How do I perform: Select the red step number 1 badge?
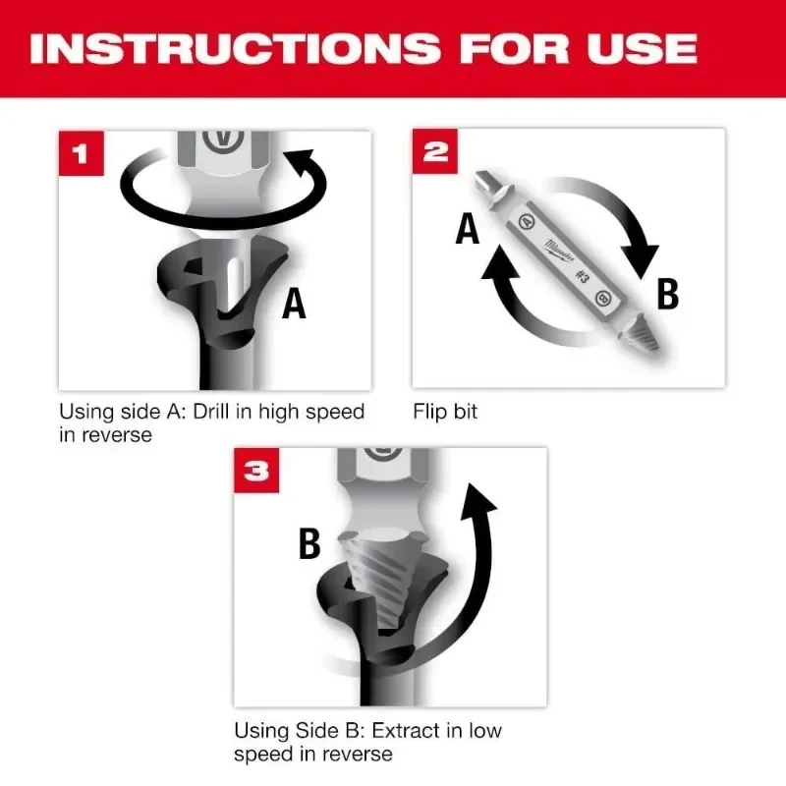[x=81, y=153]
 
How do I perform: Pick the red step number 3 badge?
[x=256, y=471]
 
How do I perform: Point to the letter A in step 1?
[x=294, y=304]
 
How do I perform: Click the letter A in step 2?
[x=467, y=229]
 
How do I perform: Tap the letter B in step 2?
[x=667, y=294]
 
